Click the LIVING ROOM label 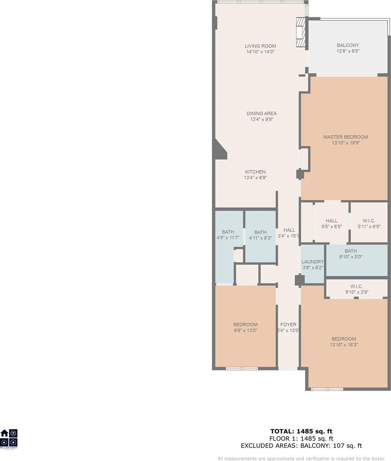(261, 46)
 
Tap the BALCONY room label (348, 45)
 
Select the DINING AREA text (261, 114)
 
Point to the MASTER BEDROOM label (345, 137)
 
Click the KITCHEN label (255, 172)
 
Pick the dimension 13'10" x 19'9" (345, 143)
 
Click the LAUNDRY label (312, 262)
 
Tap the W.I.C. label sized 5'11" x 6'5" (369, 221)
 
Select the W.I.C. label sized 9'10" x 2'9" (356, 287)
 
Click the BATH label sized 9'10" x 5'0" (353, 251)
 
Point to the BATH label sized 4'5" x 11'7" (228, 232)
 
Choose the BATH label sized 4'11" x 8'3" (260, 232)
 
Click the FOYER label (288, 325)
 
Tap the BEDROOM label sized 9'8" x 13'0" (246, 325)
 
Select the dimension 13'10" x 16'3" (343, 345)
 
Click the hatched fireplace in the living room (302, 32)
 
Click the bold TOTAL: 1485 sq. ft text (302, 431)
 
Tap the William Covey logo (9, 439)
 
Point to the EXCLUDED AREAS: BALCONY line (301, 446)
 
